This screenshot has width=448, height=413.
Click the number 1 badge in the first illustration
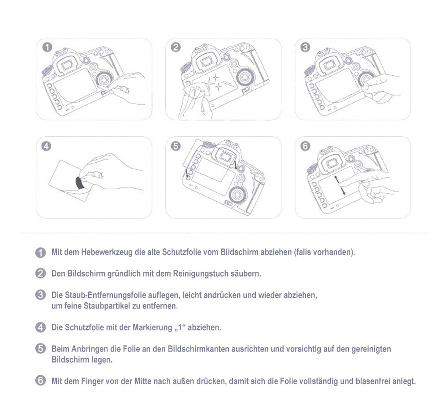click(x=47, y=47)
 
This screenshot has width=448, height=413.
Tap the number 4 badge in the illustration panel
click(x=47, y=146)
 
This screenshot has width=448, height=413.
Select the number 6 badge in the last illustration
click(x=305, y=146)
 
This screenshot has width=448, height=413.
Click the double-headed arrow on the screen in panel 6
click(x=341, y=185)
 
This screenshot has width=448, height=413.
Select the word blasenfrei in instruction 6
click(x=373, y=382)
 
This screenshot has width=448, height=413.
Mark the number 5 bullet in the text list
click(x=40, y=348)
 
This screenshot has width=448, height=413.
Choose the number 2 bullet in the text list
click(x=40, y=273)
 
